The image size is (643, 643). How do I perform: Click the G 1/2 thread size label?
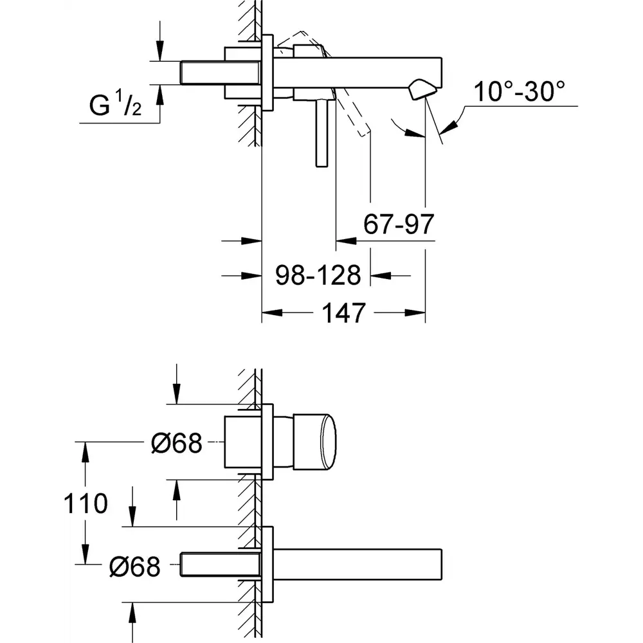point(115,106)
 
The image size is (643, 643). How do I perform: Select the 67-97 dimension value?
point(399,224)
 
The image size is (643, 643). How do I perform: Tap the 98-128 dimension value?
point(318,275)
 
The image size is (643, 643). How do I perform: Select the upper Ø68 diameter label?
point(177,443)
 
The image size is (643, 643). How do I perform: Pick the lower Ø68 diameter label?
point(134,565)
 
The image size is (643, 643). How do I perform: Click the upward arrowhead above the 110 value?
point(84,450)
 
